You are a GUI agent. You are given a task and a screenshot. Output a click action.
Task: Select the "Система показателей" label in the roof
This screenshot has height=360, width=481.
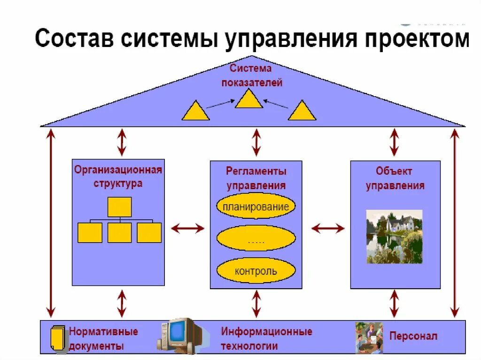click(251, 76)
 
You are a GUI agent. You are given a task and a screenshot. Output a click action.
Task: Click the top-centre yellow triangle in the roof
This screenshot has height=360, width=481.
click(248, 100)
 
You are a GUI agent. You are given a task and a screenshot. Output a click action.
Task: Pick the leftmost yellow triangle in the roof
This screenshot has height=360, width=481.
click(195, 112)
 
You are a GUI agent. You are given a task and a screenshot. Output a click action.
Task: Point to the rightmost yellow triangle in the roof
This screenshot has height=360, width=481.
click(302, 112)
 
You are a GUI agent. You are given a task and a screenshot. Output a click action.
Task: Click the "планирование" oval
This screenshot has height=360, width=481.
click(256, 207)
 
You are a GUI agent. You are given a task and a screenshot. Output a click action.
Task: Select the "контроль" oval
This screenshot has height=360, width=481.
click(256, 271)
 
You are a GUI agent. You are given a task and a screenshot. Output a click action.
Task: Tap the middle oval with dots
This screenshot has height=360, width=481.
click(256, 239)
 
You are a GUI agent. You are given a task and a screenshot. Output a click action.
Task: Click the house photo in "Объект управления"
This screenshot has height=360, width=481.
click(394, 237)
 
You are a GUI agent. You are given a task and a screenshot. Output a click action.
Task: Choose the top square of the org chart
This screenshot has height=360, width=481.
click(119, 207)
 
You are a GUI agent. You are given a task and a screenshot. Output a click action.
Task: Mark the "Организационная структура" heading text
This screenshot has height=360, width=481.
click(118, 176)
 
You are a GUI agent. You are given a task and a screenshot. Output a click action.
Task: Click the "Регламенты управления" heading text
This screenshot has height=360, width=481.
click(256, 178)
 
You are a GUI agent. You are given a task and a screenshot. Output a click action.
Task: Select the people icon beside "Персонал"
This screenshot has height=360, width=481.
click(369, 337)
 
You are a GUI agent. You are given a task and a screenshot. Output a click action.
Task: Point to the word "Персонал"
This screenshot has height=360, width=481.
click(413, 336)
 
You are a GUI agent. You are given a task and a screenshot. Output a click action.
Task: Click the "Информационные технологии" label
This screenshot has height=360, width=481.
click(266, 338)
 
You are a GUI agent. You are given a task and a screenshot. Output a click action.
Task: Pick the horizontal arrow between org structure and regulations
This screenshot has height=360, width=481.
click(187, 229)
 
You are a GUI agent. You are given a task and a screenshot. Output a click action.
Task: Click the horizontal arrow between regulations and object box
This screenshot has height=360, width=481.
click(327, 229)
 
